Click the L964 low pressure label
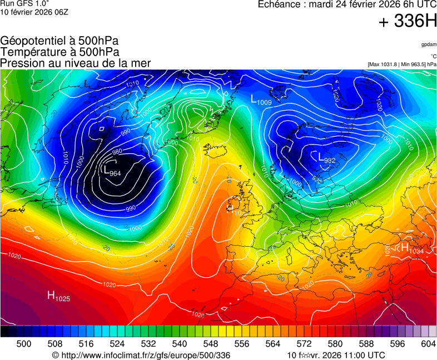tap(112, 171)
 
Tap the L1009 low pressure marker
tap(261, 100)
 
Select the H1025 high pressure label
tap(58, 296)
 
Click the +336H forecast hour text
tap(408, 22)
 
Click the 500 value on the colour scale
tap(24, 344)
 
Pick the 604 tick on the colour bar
tap(428, 344)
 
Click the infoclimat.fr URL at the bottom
tap(141, 355)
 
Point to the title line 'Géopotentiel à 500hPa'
tap(59, 41)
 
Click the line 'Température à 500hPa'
tap(59, 52)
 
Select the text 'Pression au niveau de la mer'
tap(76, 63)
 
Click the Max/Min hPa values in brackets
tap(402, 64)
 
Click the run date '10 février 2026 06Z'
tap(34, 12)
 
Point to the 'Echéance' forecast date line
tap(347, 4)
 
